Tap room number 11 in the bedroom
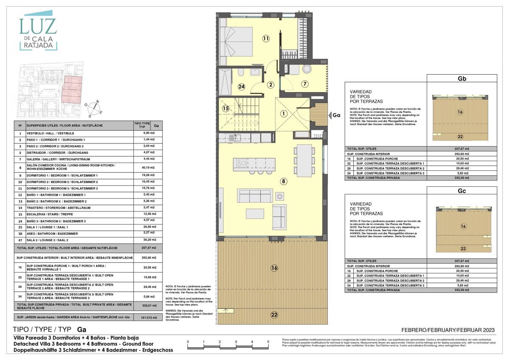click(x=266, y=39)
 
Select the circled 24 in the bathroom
click(x=241, y=87)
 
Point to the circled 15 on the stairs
click(x=226, y=108)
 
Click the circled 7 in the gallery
click(x=305, y=84)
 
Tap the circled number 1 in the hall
click(x=283, y=113)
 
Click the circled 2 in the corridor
click(x=271, y=84)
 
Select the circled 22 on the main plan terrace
click(x=274, y=315)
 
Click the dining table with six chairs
click(x=303, y=160)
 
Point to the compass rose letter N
click(x=97, y=101)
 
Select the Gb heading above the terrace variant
click(x=461, y=79)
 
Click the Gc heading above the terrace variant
click(x=461, y=191)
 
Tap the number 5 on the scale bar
click(x=268, y=341)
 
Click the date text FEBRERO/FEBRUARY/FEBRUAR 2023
click(x=448, y=330)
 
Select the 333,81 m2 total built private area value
click(x=146, y=306)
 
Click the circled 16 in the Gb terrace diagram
click(x=460, y=112)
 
